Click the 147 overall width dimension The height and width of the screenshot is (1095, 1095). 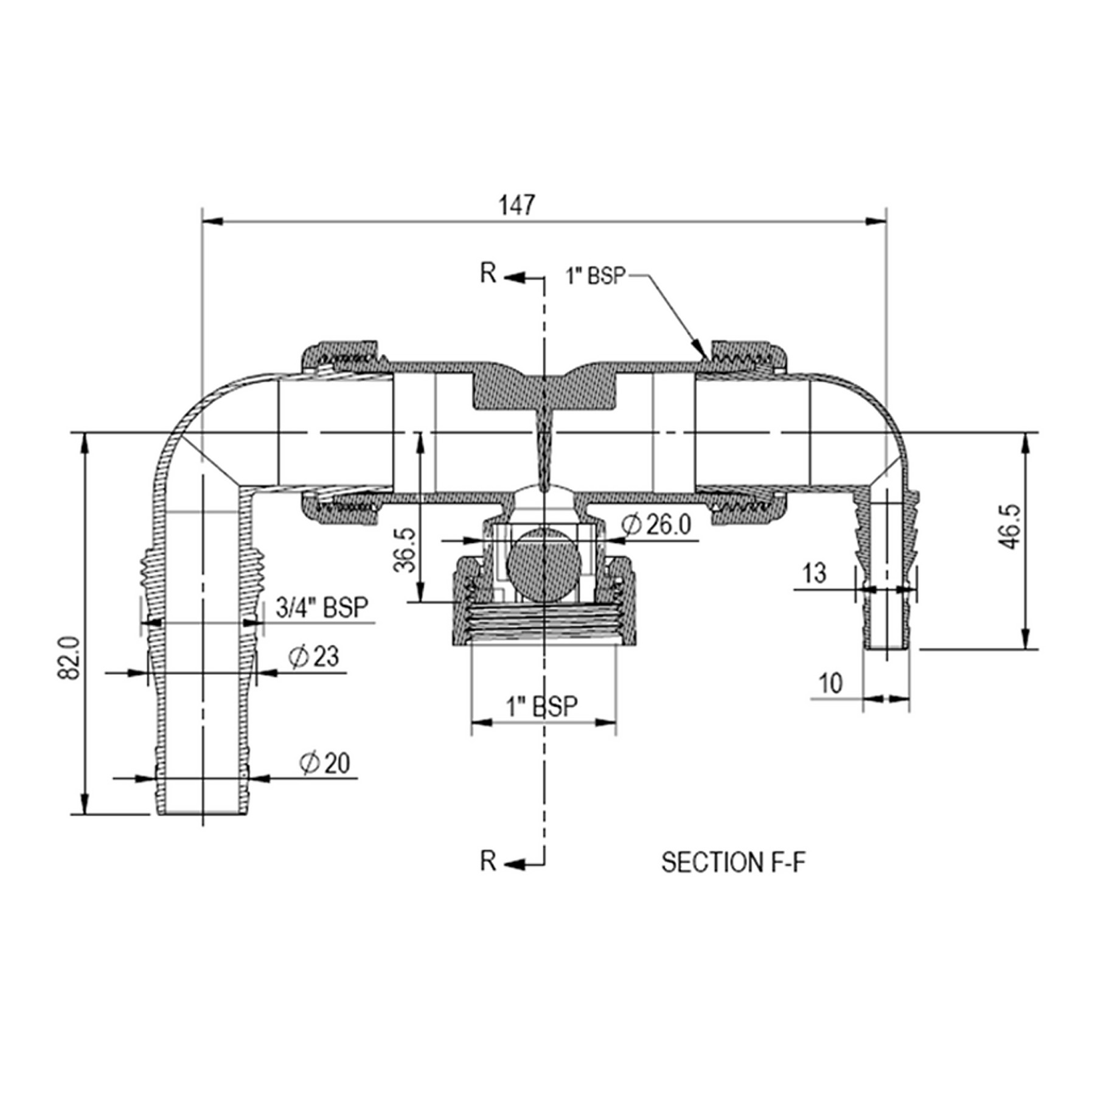click(x=517, y=205)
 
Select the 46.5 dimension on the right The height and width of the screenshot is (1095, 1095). click(x=1009, y=527)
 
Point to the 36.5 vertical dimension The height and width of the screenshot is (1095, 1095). click(x=405, y=550)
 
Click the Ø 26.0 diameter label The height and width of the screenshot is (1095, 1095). click(x=657, y=524)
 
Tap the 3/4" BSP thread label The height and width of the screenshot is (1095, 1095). click(x=322, y=607)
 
